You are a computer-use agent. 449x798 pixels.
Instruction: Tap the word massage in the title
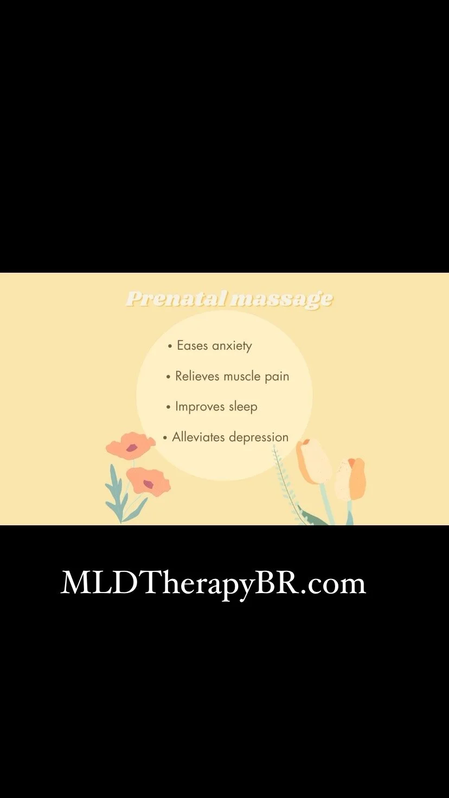click(281, 299)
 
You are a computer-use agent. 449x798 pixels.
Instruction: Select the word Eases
click(192, 345)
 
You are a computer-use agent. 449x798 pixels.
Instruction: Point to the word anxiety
click(232, 346)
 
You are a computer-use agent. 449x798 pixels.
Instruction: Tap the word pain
click(277, 377)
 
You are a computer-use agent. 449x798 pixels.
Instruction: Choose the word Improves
click(200, 407)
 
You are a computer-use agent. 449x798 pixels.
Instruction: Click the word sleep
click(243, 407)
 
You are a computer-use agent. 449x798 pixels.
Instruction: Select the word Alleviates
click(198, 437)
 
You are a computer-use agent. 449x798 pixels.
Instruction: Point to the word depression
click(259, 437)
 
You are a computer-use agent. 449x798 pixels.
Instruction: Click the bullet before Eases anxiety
click(170, 346)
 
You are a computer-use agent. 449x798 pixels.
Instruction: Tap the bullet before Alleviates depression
click(165, 437)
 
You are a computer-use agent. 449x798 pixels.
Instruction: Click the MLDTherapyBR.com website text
click(213, 584)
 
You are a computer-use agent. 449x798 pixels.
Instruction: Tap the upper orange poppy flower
click(130, 446)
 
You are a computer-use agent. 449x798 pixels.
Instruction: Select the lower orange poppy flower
click(148, 481)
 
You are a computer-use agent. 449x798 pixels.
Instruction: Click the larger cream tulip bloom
click(313, 461)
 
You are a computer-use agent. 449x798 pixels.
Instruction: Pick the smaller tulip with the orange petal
click(351, 478)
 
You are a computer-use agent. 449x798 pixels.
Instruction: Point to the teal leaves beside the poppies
click(116, 493)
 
